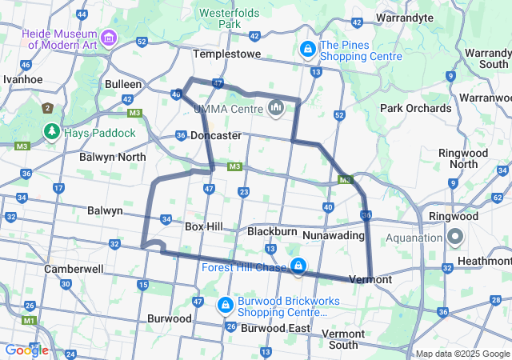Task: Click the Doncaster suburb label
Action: point(216,135)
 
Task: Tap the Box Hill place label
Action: point(203,226)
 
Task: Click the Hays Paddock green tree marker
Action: point(52,130)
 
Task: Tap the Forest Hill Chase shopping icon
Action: point(298,266)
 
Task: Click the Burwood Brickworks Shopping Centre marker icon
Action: point(226,305)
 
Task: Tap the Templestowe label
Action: point(227,54)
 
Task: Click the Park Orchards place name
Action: point(415,108)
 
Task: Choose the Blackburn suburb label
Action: point(272,231)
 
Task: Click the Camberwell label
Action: point(74,269)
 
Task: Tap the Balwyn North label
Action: point(113,157)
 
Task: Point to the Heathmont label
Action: point(486,261)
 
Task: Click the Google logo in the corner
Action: point(26,350)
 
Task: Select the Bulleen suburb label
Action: point(123,84)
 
